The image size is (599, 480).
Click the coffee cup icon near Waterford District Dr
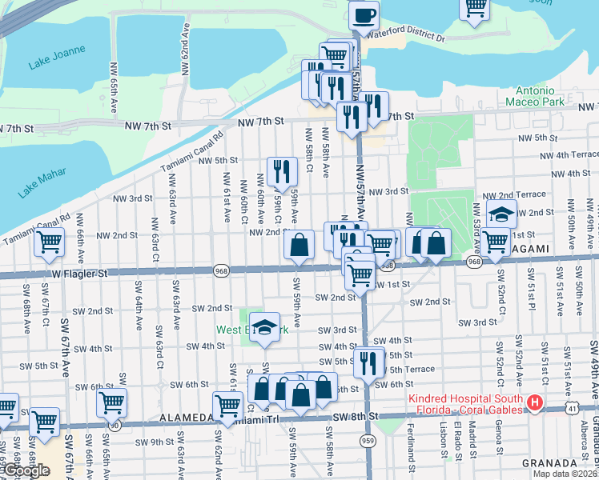point(364,15)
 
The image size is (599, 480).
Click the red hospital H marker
point(535,404)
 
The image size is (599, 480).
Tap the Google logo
point(26,470)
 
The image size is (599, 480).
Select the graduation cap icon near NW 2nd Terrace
point(501,214)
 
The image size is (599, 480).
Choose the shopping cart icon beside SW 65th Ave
point(111,402)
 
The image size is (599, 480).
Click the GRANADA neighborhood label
point(549,463)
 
